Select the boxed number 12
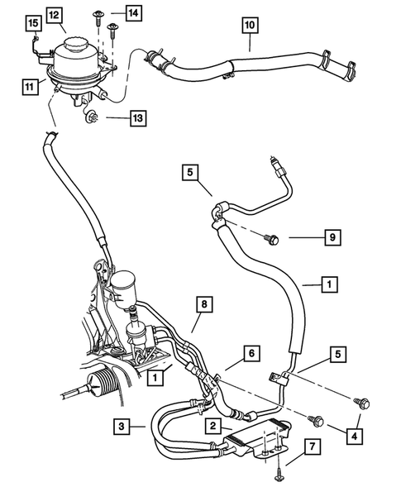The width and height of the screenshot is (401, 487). [x=54, y=15]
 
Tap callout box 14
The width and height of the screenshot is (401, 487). [x=133, y=12]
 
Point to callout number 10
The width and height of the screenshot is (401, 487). [x=249, y=25]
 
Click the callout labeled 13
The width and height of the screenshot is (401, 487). [x=138, y=119]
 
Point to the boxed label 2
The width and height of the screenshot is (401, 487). [x=212, y=427]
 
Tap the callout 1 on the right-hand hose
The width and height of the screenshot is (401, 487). [x=329, y=285]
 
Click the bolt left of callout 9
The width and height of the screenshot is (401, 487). [x=273, y=239]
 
